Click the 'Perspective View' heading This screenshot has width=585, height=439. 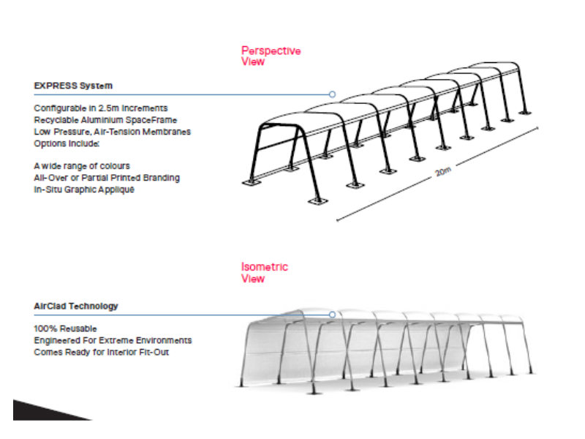271,56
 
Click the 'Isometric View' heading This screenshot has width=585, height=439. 265,273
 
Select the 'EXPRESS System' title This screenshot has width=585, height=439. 73,86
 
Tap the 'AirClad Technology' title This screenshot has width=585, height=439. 76,306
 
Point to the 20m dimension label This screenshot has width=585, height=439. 443,173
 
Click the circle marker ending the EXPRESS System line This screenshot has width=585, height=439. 332,94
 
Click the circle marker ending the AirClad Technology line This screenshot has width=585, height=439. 332,315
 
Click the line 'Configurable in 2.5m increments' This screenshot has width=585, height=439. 101,108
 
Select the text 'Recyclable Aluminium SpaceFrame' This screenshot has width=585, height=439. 105,120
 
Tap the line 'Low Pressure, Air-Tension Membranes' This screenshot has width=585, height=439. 112,132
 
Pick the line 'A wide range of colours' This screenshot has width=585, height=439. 82,166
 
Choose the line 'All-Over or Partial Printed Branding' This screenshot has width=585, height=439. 107,178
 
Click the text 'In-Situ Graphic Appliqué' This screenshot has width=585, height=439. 85,190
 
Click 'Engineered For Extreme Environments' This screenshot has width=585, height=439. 113,340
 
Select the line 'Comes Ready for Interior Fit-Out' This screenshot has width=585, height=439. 106,352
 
